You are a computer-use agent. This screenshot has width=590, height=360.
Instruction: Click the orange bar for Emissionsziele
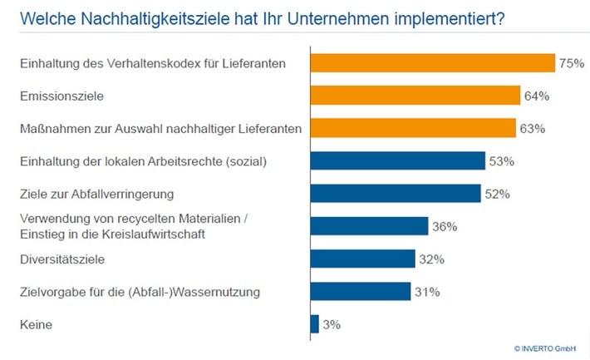tap(415, 96)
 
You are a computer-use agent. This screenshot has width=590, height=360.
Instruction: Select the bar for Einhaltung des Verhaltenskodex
tap(432, 63)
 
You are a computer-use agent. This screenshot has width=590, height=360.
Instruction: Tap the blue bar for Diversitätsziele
tap(362, 259)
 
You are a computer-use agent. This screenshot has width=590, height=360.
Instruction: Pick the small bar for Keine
tap(314, 323)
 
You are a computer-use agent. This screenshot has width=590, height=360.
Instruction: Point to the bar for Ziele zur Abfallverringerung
tap(395, 194)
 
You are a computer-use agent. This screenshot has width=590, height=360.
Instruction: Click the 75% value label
tap(570, 63)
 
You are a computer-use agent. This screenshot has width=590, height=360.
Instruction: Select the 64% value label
tap(537, 96)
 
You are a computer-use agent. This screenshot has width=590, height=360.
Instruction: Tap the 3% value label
tap(332, 323)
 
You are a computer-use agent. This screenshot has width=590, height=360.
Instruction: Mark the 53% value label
tap(501, 160)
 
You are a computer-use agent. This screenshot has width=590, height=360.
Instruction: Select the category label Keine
tap(36, 323)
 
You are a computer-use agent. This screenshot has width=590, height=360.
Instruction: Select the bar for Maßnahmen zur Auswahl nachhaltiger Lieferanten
tap(413, 128)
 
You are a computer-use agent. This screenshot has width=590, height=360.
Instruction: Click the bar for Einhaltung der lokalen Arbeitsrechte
tap(397, 160)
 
